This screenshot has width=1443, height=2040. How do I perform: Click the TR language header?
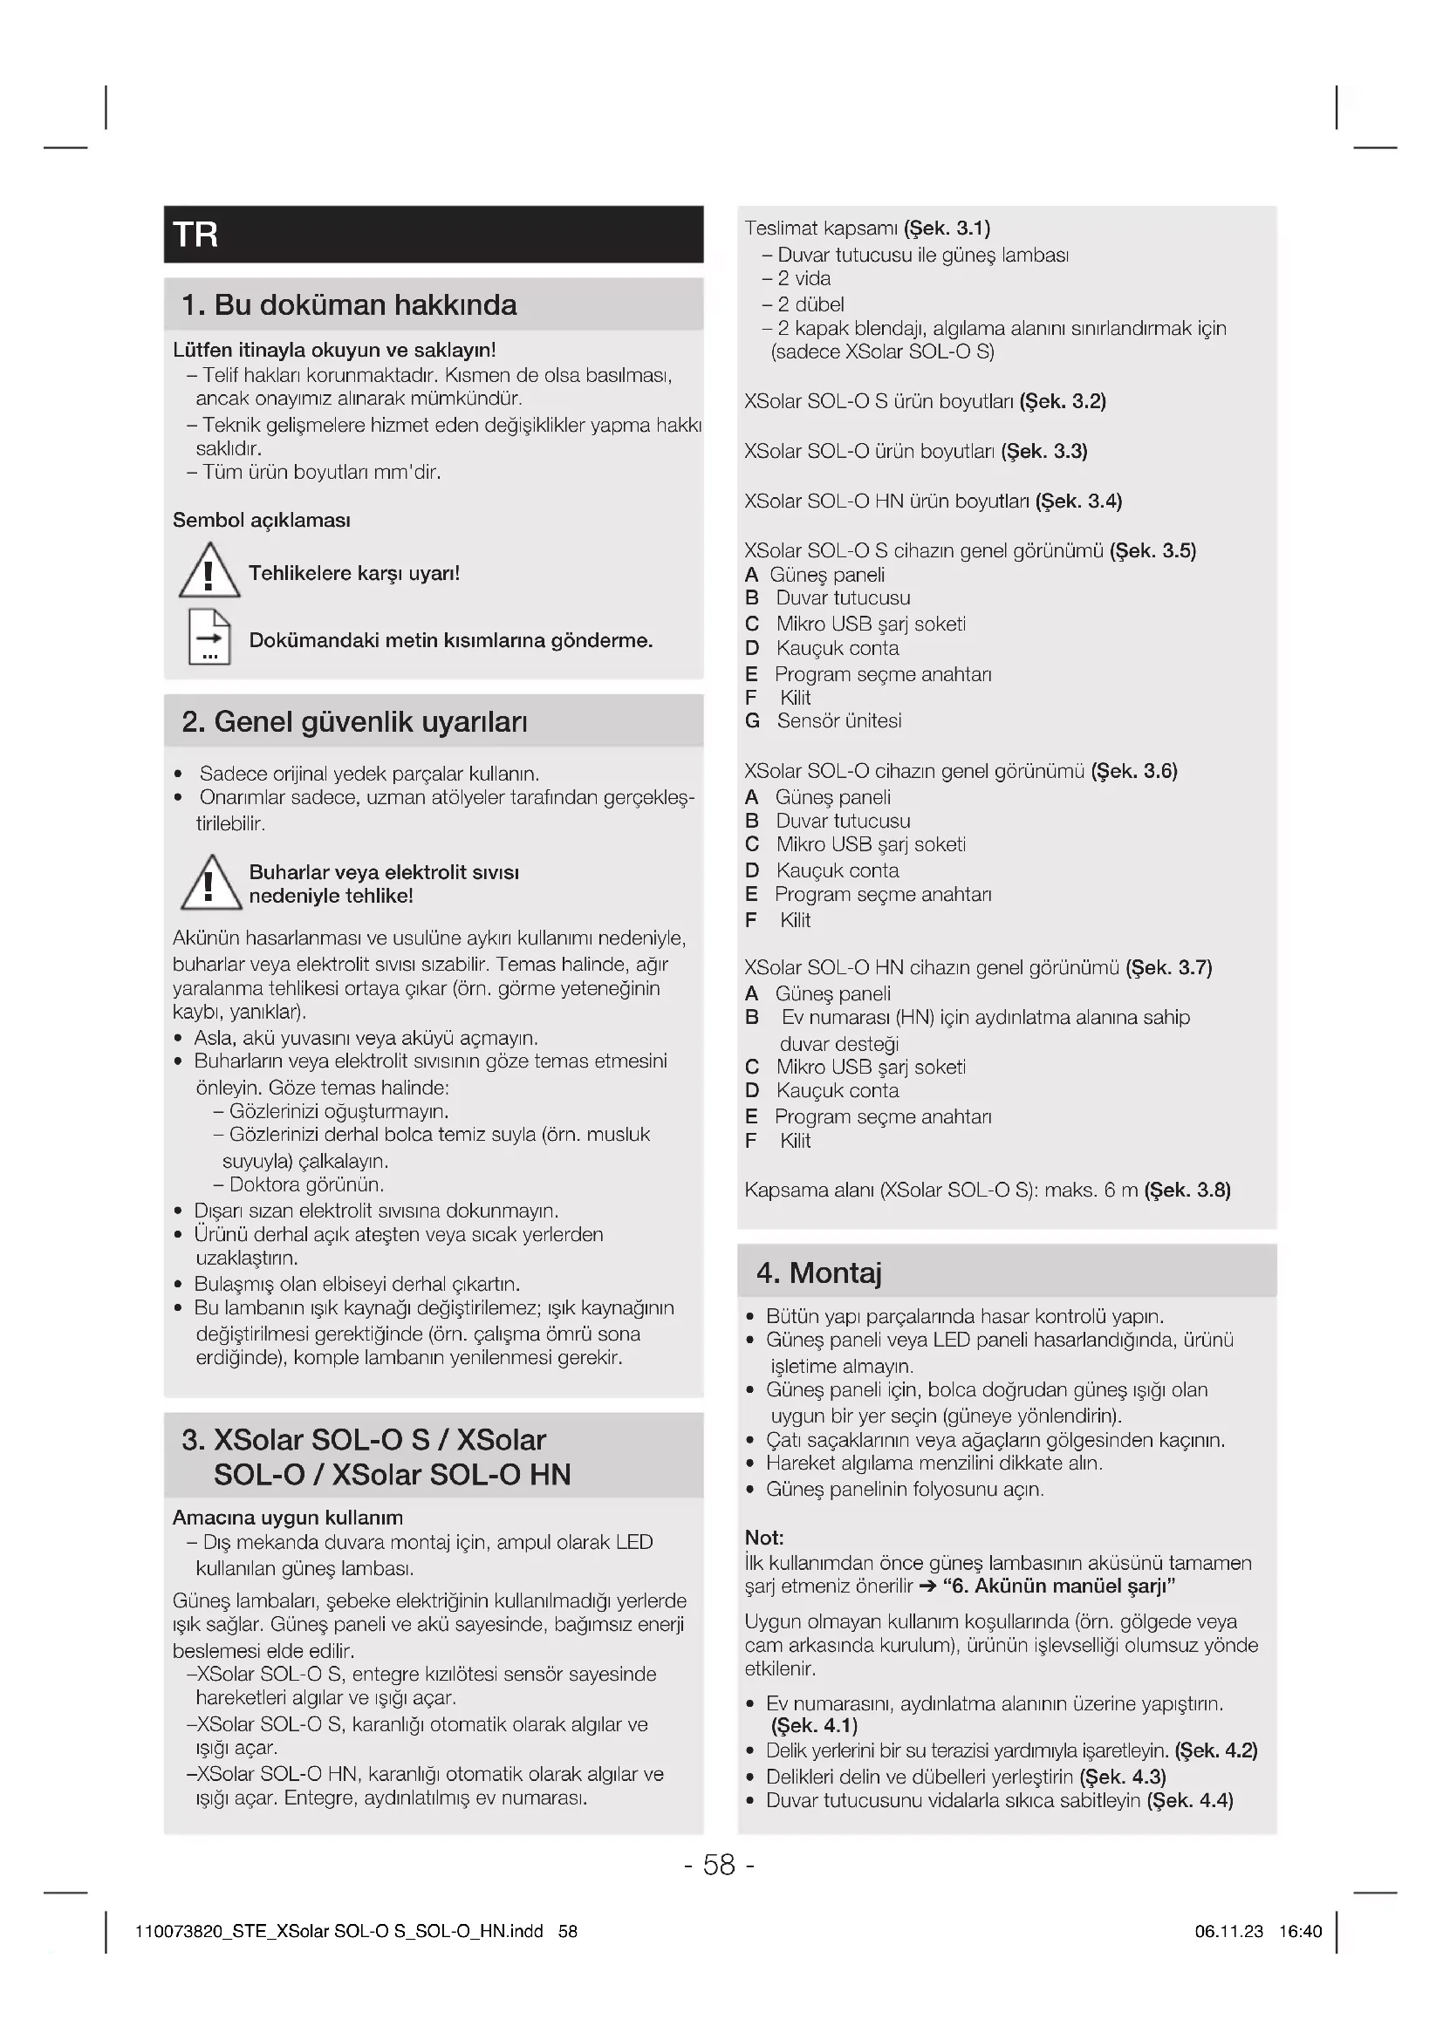[196, 235]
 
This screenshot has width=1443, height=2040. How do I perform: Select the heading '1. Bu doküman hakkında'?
[348, 304]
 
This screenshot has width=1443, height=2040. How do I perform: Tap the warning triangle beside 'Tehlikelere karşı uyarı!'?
[209, 571]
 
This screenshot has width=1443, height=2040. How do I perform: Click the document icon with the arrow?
[209, 637]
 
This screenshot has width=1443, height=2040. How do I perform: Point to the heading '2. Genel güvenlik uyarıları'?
[353, 721]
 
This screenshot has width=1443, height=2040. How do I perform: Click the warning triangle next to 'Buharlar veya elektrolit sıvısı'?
[210, 884]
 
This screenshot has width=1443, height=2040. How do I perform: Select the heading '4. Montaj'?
[818, 1272]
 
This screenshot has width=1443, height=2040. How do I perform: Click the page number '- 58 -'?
[720, 1865]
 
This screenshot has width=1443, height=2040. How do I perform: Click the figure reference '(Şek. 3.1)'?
[947, 229]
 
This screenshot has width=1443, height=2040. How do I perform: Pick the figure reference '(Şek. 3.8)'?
[1187, 1190]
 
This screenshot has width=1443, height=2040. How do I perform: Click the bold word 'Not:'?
[764, 1538]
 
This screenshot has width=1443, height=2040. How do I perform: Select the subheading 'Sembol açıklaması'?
[261, 520]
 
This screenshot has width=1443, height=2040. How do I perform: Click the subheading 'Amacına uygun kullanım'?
[288, 1518]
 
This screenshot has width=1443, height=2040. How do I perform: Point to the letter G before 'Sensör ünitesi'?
[753, 720]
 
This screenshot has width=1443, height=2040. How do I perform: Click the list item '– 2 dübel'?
[804, 304]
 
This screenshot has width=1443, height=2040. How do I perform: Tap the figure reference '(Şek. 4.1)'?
[814, 1725]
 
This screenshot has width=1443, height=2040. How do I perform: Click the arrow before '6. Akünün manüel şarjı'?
[927, 1586]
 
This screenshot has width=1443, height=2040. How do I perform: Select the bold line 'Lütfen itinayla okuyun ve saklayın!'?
[334, 350]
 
